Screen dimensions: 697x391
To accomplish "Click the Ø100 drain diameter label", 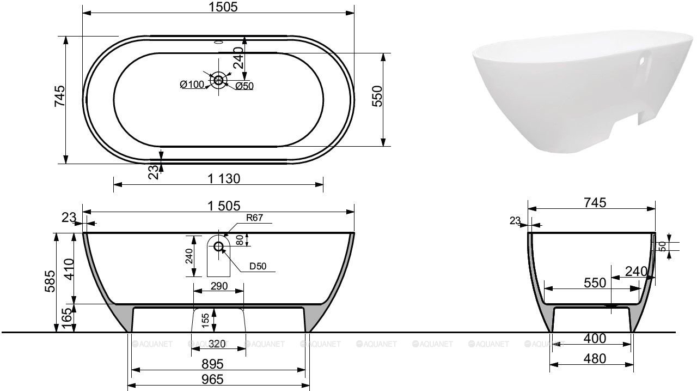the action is [192, 84].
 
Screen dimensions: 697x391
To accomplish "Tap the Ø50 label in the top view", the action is [244, 86].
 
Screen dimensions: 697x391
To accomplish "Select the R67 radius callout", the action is [254, 218].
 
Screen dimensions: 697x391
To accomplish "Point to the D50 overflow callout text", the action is [258, 266].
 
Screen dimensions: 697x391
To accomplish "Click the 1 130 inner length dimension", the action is [224, 179].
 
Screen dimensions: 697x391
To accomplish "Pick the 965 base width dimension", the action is [212, 380].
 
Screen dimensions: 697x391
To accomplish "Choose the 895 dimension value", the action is [212, 364].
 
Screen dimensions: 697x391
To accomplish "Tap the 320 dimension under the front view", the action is [217, 344].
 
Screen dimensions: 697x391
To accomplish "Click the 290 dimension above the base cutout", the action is [219, 286].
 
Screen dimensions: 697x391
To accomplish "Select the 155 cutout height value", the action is [205, 321].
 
